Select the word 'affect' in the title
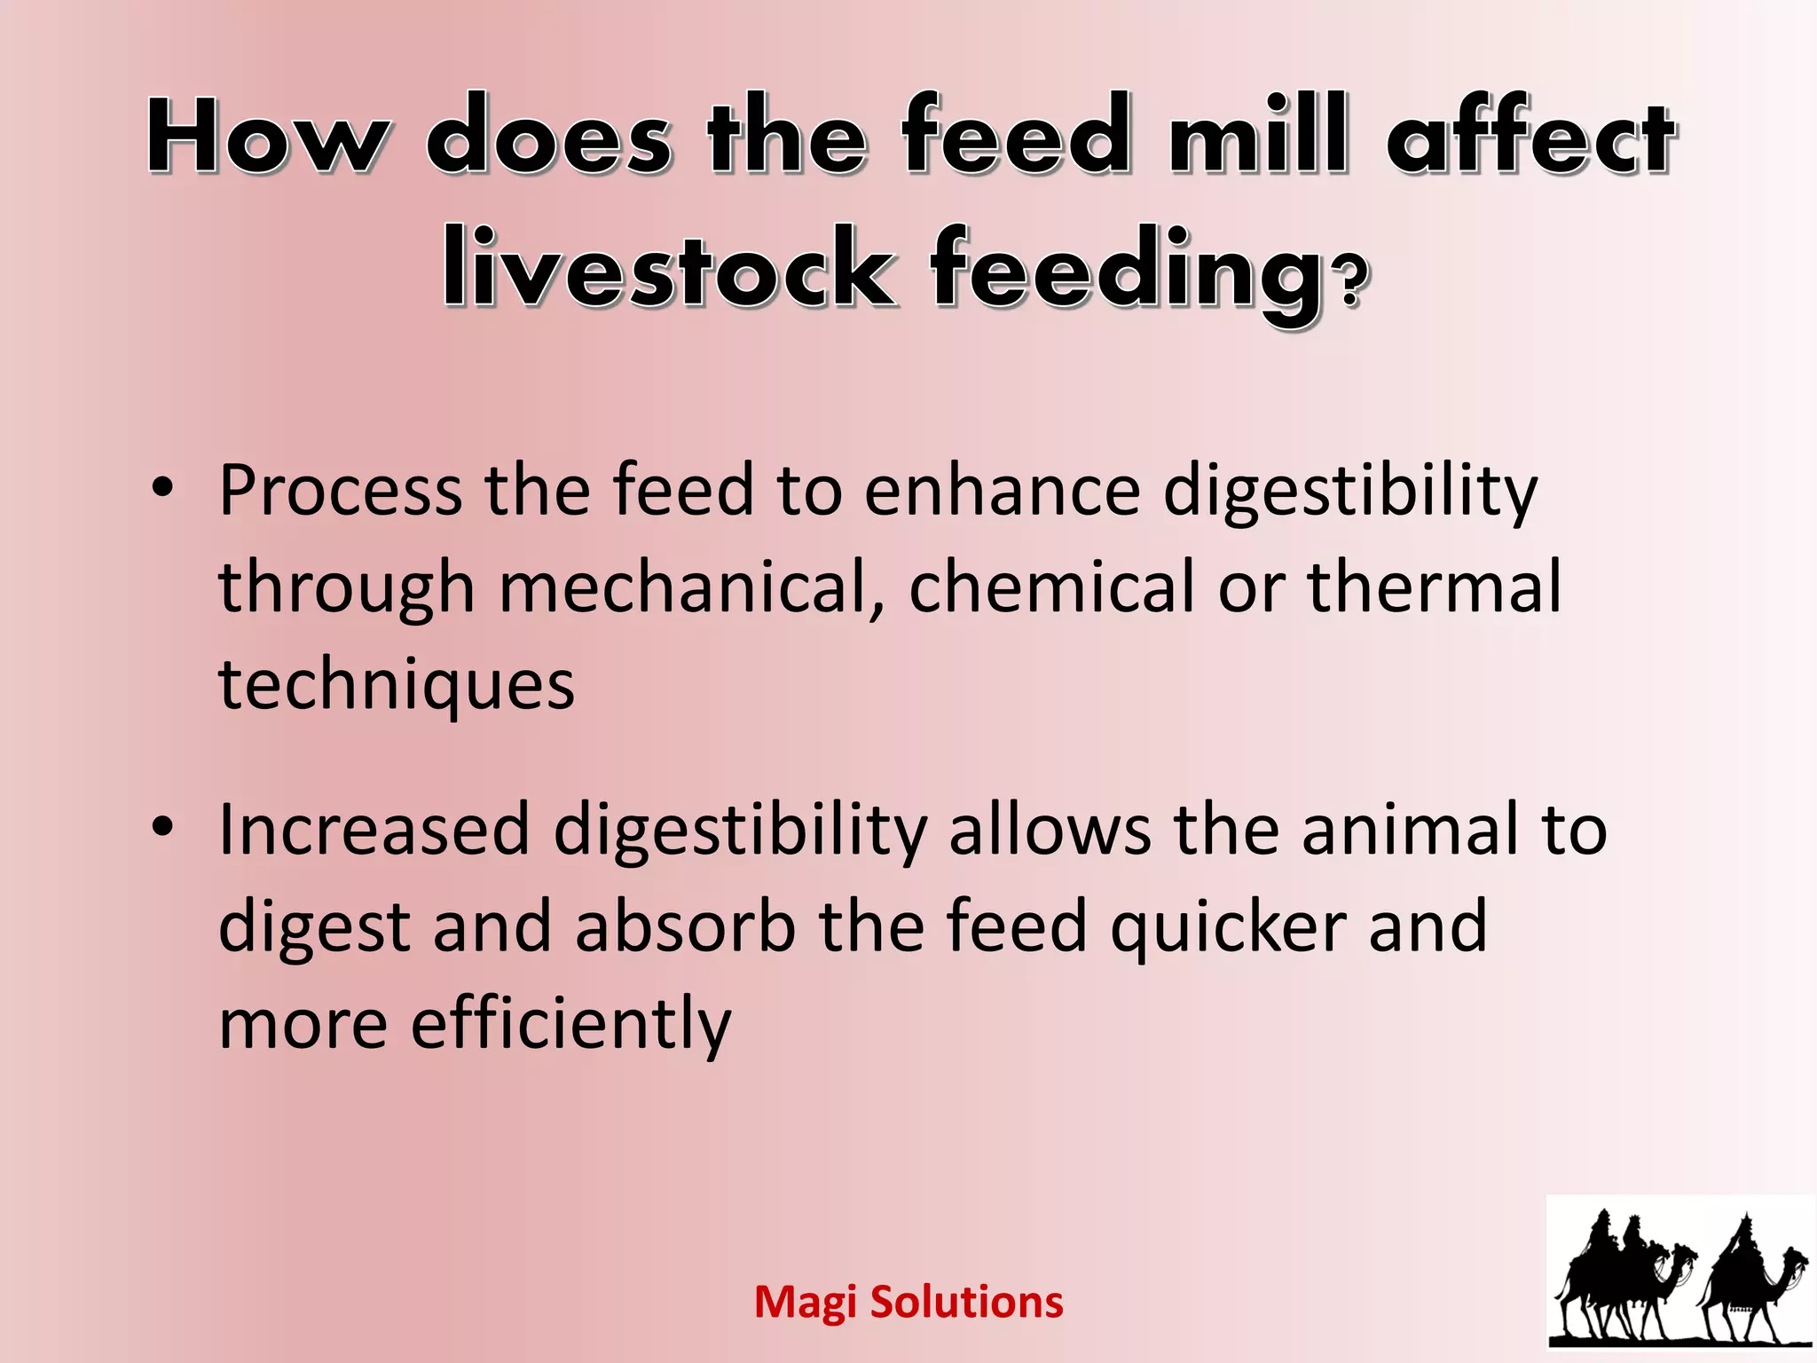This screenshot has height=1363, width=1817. tap(1530, 135)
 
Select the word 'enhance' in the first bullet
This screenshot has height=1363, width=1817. tap(1002, 490)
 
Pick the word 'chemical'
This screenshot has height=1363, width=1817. tap(1051, 587)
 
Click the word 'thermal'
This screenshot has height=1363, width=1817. tap(1434, 587)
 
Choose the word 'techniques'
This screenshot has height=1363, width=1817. tap(397, 685)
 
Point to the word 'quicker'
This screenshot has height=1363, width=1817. tap(1228, 928)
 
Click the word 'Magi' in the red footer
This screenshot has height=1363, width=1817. tap(805, 1303)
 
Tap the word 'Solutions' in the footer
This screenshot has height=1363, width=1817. tap(966, 1303)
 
